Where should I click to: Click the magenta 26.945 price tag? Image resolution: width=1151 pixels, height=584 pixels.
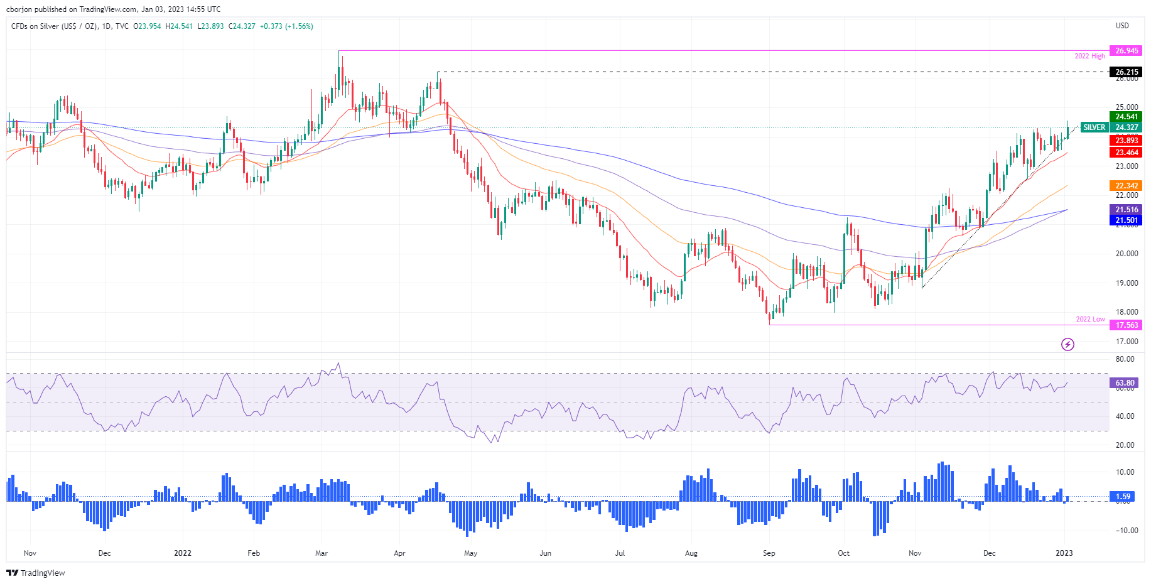click(1127, 51)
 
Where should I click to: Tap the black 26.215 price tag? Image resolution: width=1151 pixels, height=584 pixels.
click(1127, 72)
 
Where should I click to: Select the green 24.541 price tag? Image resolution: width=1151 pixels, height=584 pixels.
click(1127, 117)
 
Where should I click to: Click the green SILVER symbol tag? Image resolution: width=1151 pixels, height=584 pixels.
click(1094, 127)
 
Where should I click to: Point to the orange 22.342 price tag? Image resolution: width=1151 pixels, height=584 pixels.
click(1127, 186)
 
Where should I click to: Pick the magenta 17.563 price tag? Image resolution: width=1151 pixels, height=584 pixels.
click(1127, 325)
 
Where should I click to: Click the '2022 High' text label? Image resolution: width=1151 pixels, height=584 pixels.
click(1089, 57)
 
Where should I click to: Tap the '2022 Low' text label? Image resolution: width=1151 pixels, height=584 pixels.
click(1090, 319)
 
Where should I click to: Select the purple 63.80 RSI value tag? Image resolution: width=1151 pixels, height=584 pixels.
click(1125, 383)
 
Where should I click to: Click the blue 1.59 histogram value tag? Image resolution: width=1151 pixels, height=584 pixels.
click(1123, 497)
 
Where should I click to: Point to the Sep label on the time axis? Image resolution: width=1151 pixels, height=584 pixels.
click(769, 553)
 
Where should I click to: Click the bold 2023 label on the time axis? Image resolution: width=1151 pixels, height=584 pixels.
click(1064, 553)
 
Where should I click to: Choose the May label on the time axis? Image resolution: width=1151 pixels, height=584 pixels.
click(470, 553)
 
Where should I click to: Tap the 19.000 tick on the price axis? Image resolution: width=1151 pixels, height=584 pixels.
click(1127, 283)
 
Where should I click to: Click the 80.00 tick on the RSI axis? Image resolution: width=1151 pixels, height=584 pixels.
click(1125, 359)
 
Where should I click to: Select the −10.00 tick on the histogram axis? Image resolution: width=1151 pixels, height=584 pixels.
click(1124, 531)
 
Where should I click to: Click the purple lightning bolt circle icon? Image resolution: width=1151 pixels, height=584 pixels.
click(1067, 344)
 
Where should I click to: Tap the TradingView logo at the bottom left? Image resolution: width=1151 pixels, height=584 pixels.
click(36, 573)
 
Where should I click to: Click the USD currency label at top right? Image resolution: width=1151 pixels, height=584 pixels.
click(1122, 26)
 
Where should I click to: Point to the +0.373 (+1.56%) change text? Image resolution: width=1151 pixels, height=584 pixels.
click(286, 26)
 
